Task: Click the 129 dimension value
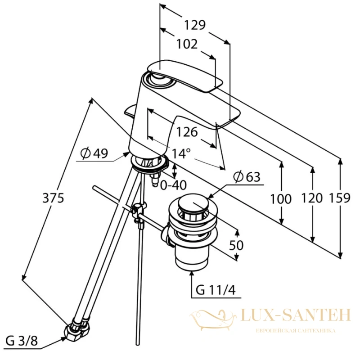tap(195, 25)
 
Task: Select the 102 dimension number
tap(187, 44)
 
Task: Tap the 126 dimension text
tap(187, 132)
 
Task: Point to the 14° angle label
tap(181, 153)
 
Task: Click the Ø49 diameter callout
tap(94, 153)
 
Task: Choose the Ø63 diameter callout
tap(247, 177)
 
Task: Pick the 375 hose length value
tap(53, 198)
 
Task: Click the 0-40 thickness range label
tap(173, 185)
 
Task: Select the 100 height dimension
tap(281, 199)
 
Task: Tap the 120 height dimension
tap(312, 198)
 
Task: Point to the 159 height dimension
tap(340, 198)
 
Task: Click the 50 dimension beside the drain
tap(236, 245)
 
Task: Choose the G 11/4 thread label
tap(216, 290)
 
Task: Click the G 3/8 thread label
tap(22, 341)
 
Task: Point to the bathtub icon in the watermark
tap(213, 320)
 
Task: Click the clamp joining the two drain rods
tap(138, 212)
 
